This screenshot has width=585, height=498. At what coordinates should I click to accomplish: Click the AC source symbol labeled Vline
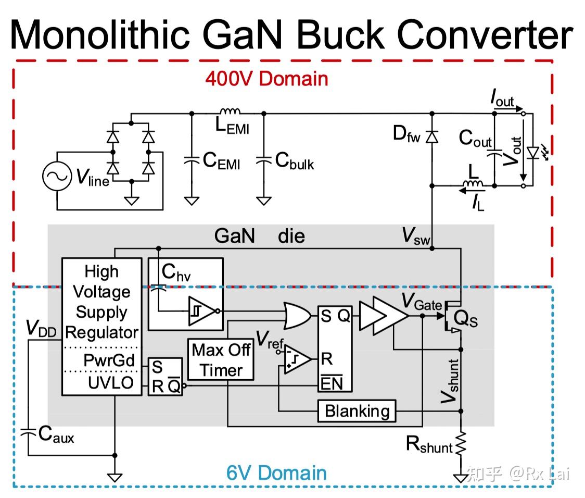56,177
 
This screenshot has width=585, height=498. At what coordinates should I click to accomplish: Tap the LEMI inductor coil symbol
230,111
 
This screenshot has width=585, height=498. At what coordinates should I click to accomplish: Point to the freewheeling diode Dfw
431,136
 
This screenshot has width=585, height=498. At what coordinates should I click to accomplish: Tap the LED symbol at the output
532,153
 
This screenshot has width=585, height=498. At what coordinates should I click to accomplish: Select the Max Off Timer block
221,360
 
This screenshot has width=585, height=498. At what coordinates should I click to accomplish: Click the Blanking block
357,411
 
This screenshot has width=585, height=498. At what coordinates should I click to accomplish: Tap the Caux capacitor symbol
28,432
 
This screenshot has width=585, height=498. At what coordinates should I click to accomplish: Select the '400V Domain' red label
266,79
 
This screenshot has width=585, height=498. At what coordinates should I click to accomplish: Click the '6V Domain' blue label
276,473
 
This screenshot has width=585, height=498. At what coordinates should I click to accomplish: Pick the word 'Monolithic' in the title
99,34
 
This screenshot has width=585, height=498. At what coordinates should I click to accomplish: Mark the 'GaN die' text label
259,236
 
